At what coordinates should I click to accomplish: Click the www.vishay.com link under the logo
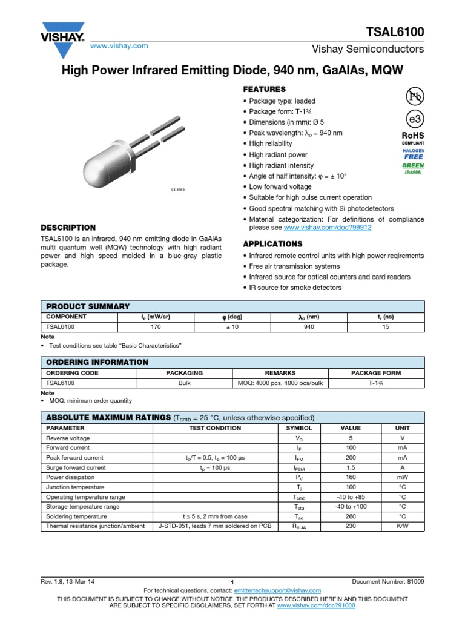point(119,46)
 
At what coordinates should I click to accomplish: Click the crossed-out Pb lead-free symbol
point(414,96)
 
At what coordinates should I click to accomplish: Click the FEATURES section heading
point(264,89)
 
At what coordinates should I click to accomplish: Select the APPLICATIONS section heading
point(272,244)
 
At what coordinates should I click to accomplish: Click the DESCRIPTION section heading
point(68,228)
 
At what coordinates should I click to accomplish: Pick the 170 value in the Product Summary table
point(156,326)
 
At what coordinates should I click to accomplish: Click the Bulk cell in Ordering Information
point(185,383)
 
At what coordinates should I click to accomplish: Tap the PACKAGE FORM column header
point(376,373)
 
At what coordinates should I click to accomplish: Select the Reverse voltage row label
point(68,438)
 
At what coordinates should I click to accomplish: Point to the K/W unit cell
point(403,526)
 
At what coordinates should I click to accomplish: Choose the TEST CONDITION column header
point(215,428)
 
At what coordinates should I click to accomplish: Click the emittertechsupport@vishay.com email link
point(278,590)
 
